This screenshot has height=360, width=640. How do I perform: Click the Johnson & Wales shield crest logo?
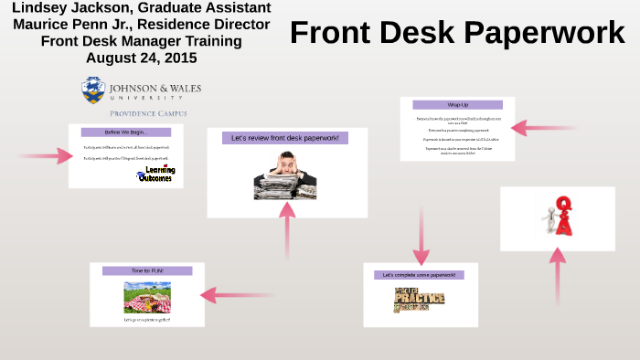(92, 90)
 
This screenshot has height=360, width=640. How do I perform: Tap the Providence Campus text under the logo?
(148, 113)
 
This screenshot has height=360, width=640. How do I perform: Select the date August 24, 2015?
(141, 58)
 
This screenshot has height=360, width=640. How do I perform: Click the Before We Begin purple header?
(126, 132)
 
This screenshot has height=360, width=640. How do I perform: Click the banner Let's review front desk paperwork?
(285, 138)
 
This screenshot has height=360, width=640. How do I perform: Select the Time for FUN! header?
(147, 271)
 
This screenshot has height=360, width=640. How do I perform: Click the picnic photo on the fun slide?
(147, 296)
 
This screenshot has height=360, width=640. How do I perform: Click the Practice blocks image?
(419, 300)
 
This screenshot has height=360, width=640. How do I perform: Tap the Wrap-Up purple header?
(457, 105)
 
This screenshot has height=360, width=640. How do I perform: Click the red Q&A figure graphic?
(558, 217)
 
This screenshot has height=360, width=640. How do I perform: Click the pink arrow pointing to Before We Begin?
(51, 155)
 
